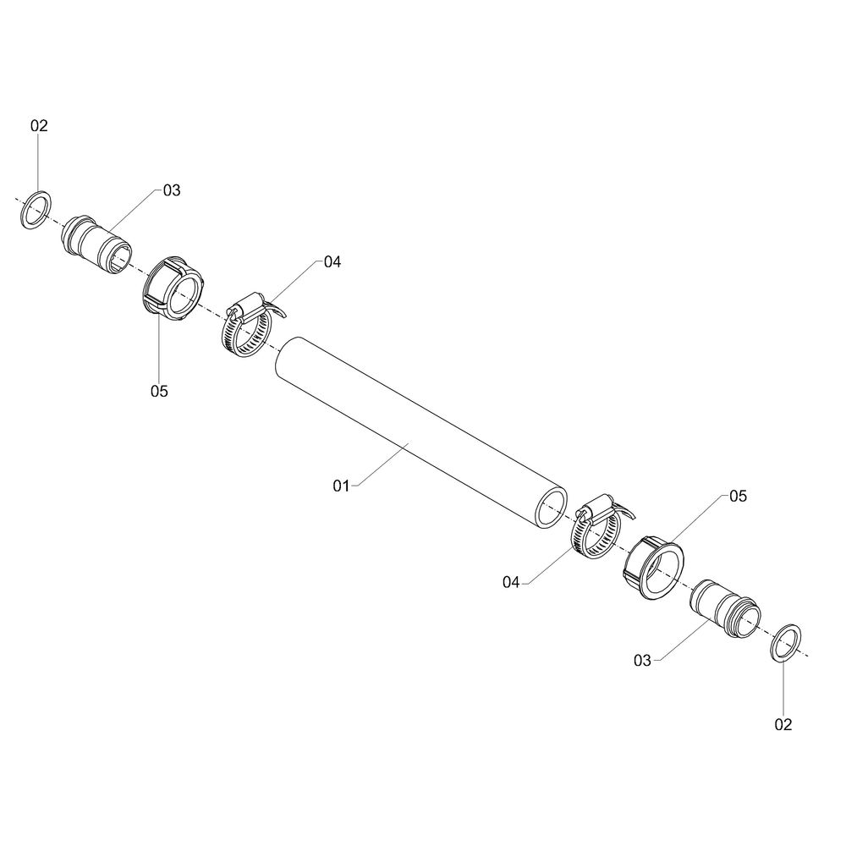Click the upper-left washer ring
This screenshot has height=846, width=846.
tap(27, 210)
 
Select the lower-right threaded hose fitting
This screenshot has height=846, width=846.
tap(726, 608)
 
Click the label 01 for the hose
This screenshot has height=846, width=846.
tap(341, 486)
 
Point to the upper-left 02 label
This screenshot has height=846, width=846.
tap(39, 126)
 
